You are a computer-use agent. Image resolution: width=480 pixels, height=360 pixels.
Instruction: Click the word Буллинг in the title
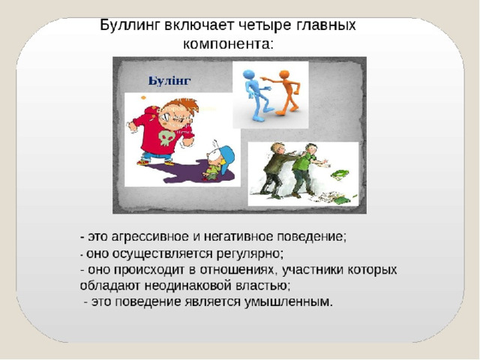130,25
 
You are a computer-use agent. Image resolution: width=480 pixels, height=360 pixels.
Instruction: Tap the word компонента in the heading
227,44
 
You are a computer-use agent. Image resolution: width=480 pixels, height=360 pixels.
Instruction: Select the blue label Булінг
169,81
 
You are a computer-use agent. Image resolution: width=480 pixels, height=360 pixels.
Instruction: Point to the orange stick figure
283,92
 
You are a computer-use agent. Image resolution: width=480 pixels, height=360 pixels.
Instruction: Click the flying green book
340,174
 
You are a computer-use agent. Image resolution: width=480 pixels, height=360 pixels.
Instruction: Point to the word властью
263,286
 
